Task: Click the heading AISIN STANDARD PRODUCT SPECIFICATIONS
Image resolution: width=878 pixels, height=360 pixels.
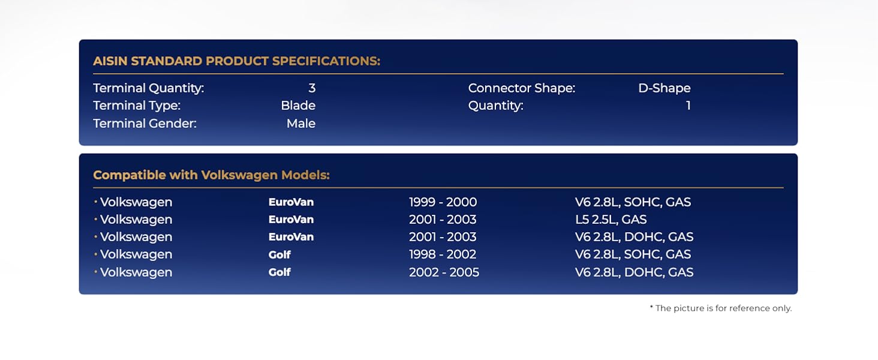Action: (x=237, y=61)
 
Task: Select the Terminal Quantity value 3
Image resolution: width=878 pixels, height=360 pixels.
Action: (x=312, y=88)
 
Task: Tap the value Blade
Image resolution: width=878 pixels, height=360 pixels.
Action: (x=298, y=106)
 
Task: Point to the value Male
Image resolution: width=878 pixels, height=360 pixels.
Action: (x=300, y=124)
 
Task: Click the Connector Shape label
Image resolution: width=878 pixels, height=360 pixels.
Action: (x=522, y=88)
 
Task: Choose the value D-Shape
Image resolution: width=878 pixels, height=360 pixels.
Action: (x=664, y=88)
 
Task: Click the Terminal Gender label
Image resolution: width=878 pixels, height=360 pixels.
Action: (x=145, y=124)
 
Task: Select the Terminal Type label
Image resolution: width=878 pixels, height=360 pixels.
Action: (x=137, y=106)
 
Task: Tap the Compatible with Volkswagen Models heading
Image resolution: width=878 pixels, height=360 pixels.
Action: (x=211, y=175)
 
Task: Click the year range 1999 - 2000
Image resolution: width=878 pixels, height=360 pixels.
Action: (x=443, y=202)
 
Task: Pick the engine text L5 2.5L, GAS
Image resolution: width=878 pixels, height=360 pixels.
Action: (x=611, y=220)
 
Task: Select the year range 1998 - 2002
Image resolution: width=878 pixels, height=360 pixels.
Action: (x=443, y=254)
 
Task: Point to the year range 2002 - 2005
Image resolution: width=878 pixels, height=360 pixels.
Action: (x=444, y=272)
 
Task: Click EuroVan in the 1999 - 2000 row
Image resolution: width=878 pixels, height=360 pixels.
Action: (x=291, y=202)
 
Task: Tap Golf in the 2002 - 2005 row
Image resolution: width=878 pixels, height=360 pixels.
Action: (x=279, y=272)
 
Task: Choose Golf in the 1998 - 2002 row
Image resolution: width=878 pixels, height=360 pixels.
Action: (x=279, y=254)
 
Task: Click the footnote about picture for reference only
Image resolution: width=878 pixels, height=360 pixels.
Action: (x=721, y=308)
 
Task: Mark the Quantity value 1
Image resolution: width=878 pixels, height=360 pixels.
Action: (x=688, y=106)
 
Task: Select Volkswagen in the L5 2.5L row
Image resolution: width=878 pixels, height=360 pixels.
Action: (x=136, y=220)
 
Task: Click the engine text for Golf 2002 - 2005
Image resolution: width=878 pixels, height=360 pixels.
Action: (x=634, y=272)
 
